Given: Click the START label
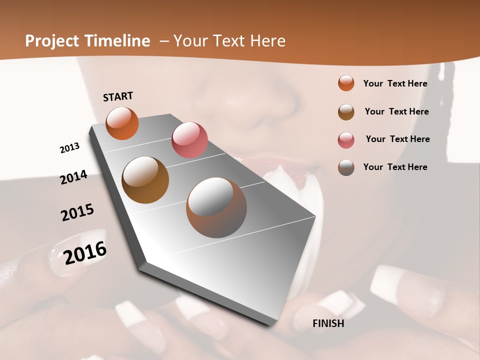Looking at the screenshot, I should point(118,96).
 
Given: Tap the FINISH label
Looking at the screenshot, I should point(328,323).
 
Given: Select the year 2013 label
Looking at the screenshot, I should point(69,148).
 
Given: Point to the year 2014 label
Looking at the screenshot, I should point(73,177).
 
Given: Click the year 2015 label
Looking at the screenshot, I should point(77,212).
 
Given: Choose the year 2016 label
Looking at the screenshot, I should point(85,253).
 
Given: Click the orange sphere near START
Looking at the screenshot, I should point(122,123).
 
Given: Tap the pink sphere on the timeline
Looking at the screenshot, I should point(189,139).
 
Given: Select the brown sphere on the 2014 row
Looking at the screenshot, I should point(145,180).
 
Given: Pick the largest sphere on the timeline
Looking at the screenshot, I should point(216,207).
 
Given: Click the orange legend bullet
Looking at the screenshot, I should point(346,83).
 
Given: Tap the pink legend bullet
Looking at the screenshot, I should point(346,140).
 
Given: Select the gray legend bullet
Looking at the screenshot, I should point(346,167).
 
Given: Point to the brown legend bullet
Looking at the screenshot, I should point(346,112).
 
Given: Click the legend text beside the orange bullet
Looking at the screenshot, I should point(395,83).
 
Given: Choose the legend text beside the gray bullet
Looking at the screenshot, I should point(395,167).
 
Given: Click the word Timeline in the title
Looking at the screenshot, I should point(117,41).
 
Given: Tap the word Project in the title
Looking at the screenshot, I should point(52,41).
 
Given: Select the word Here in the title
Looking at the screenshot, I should point(268,41).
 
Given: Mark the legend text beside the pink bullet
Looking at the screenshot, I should point(397,139).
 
